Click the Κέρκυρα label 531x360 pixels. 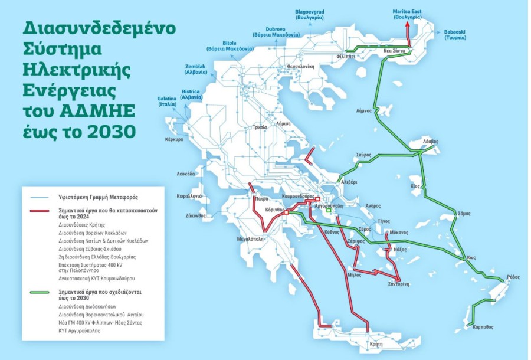[174, 139]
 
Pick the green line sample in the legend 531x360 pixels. [38, 292]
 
